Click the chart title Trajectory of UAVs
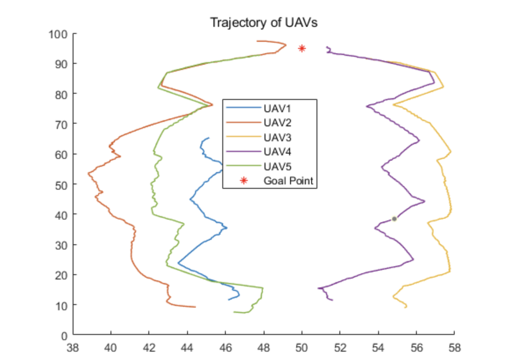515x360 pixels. coord(264,23)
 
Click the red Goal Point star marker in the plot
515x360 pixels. coord(302,48)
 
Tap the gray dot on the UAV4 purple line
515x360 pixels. coord(394,219)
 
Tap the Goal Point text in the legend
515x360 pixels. coord(288,181)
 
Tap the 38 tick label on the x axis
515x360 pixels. coord(73,348)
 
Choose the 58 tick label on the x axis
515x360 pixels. coord(454,348)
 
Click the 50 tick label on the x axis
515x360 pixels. coord(302,348)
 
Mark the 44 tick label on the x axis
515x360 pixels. coord(188,348)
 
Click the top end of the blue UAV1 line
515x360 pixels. coord(209,138)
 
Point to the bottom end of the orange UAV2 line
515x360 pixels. coord(195,307)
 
